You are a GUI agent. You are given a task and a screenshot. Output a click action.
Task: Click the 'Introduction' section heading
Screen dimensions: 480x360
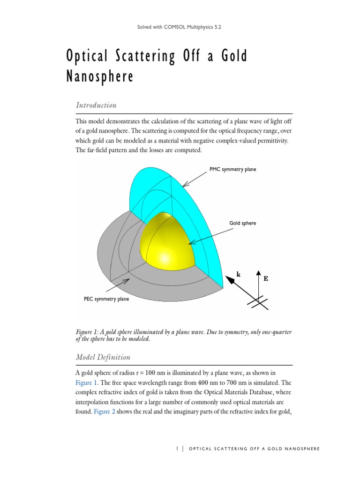tap(96, 105)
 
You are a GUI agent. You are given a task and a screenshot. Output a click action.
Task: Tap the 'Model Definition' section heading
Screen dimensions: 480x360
tap(103, 357)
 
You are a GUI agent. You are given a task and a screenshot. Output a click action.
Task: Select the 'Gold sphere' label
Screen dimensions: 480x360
tap(242, 223)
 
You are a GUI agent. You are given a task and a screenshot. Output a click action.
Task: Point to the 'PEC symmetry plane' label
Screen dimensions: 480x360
tap(102, 299)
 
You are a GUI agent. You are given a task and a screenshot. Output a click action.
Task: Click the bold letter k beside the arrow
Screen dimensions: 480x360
tap(238, 275)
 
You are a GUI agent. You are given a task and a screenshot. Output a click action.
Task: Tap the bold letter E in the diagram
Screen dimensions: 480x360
tap(266, 278)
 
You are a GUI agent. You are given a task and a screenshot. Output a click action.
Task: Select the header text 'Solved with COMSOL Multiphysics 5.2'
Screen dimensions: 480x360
tap(180, 27)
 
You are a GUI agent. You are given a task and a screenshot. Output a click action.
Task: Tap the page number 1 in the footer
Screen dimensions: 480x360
tap(177, 449)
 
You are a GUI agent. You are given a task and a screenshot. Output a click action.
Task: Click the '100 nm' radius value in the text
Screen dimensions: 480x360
tap(160, 373)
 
